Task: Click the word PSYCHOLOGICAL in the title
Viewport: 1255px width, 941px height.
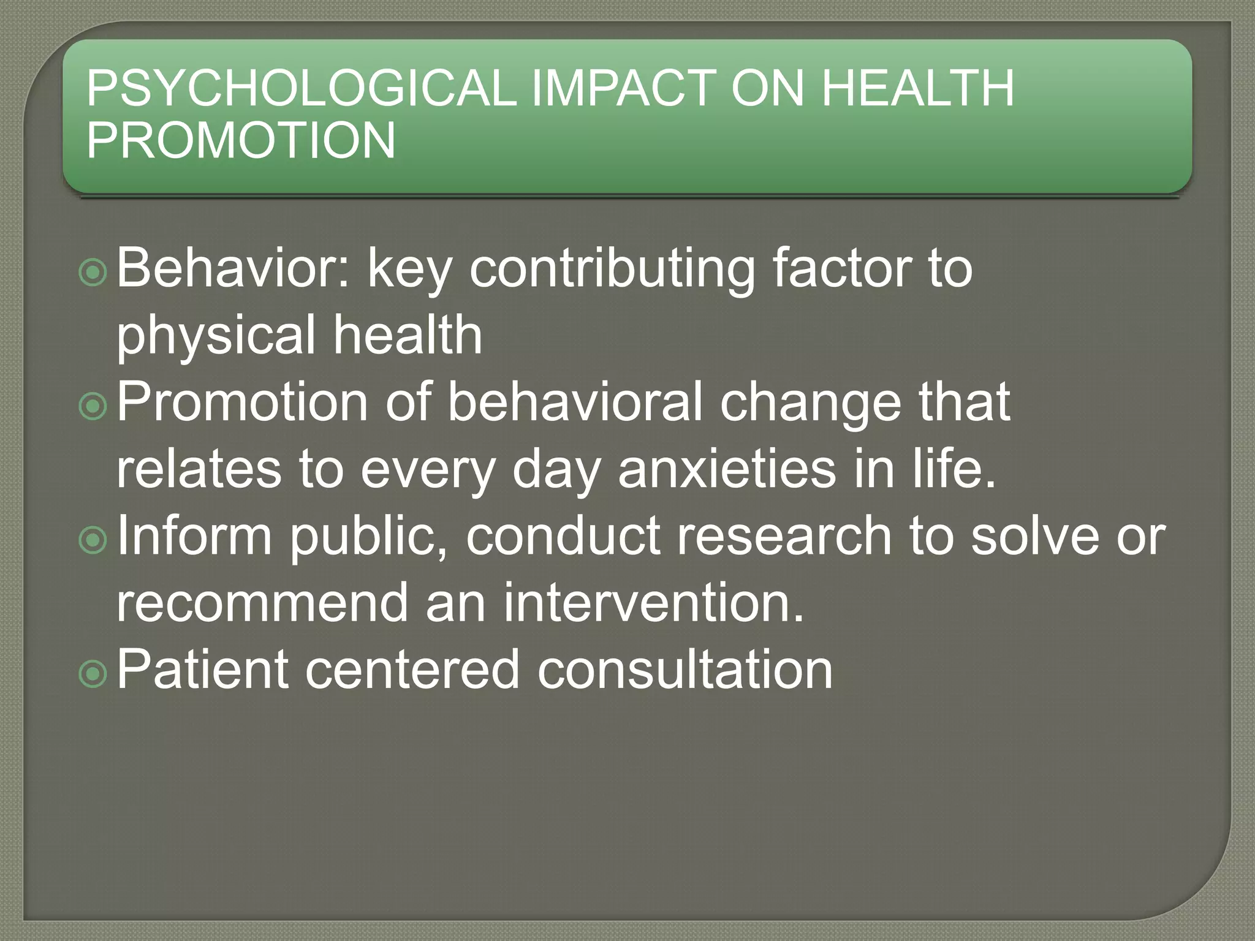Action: click(301, 88)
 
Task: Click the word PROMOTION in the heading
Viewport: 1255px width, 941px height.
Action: click(241, 140)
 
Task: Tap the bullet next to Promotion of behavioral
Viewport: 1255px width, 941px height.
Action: click(93, 406)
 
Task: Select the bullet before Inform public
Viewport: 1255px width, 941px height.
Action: click(93, 540)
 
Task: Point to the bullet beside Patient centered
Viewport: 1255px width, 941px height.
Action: click(93, 673)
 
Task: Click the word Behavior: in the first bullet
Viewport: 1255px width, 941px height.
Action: click(233, 268)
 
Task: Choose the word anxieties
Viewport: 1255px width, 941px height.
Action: click(726, 469)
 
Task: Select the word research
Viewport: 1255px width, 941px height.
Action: click(784, 536)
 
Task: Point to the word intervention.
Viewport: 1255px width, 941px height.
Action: click(653, 603)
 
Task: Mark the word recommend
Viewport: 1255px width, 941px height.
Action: click(262, 603)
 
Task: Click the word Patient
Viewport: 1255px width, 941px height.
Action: click(202, 670)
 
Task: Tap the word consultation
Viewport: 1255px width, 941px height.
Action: click(684, 670)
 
